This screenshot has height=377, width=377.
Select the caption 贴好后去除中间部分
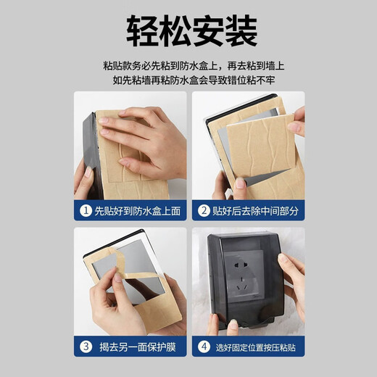point(254,211)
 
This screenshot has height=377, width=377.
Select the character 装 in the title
point(241,30)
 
